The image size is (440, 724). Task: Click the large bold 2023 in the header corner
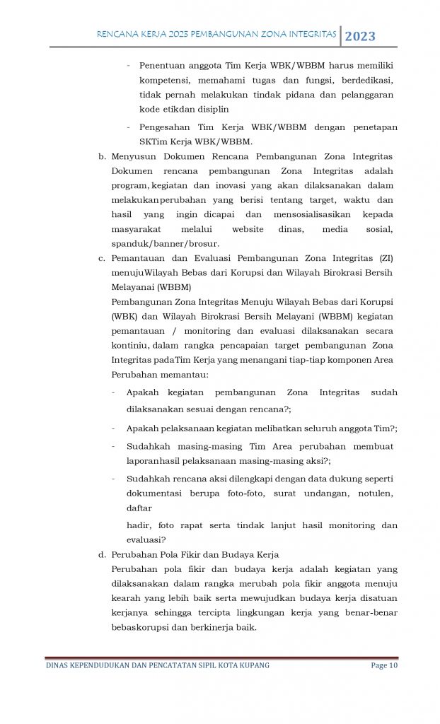point(361,37)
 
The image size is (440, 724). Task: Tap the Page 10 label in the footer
point(384,665)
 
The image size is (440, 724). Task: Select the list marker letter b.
point(102,156)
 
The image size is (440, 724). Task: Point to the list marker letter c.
point(102,259)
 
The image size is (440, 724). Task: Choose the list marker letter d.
point(102,554)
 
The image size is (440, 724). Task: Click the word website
point(248,229)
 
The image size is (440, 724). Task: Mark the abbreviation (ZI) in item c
point(386,259)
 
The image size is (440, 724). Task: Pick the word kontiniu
point(129,346)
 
